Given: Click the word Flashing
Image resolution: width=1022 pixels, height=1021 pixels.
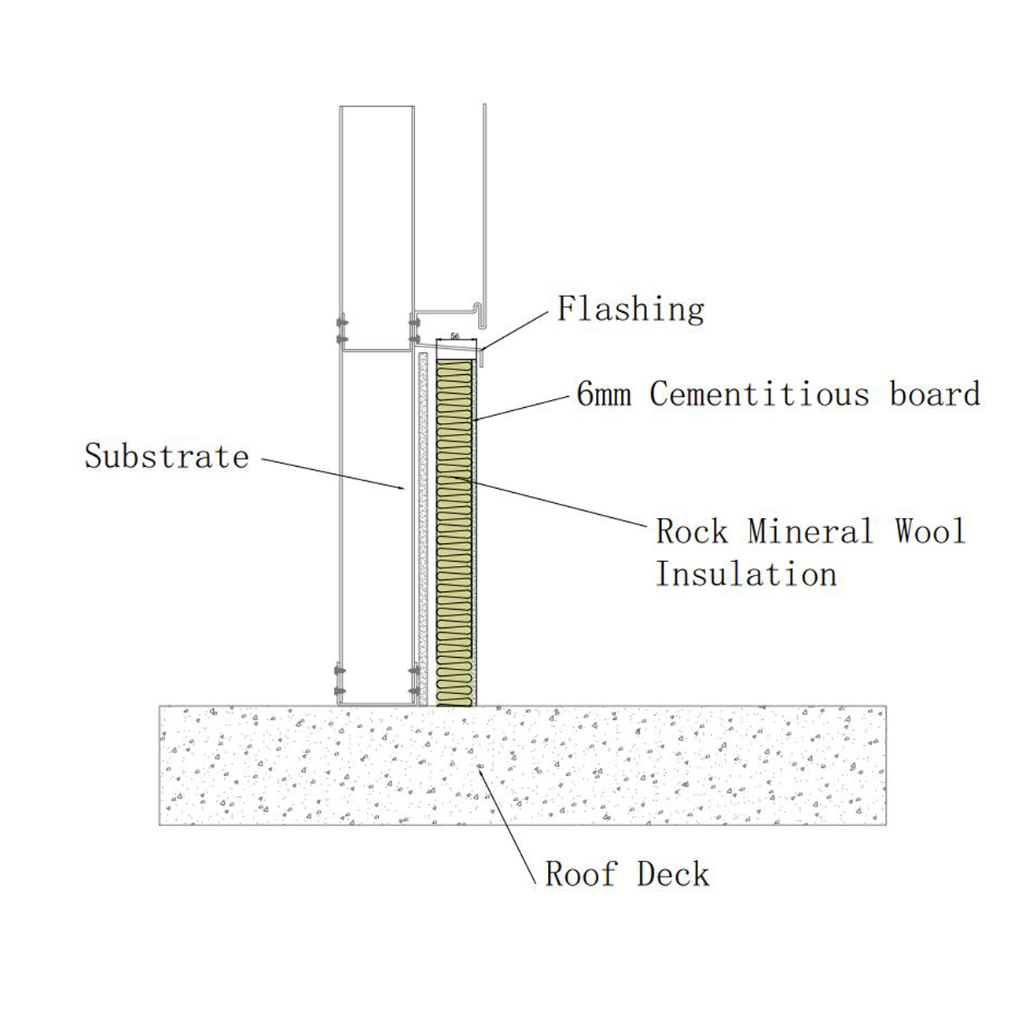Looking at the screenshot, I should click(x=630, y=309).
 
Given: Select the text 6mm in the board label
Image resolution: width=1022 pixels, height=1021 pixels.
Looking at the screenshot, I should click(x=604, y=394).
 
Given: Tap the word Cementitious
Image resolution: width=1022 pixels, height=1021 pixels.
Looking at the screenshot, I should click(x=759, y=394).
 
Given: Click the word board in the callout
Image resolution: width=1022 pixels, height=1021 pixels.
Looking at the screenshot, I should click(x=935, y=394).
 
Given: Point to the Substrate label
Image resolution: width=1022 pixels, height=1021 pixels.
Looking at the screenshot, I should click(x=167, y=457).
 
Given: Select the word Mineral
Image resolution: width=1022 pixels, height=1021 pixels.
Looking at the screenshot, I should click(x=811, y=531).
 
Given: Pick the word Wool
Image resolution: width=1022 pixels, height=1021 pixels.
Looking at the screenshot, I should click(x=929, y=531).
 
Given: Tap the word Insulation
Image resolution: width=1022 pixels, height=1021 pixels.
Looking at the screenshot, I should click(x=746, y=574).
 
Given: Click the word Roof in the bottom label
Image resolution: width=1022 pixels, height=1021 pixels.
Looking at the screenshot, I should click(x=581, y=874).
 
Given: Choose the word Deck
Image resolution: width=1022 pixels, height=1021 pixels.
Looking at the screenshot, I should click(x=673, y=874).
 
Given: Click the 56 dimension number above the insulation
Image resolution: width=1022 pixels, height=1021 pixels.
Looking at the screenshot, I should click(x=455, y=336).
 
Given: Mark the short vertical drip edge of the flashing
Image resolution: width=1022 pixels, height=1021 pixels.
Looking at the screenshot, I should click(x=481, y=358).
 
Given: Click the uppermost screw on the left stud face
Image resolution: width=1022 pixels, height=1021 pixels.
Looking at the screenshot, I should click(x=341, y=322).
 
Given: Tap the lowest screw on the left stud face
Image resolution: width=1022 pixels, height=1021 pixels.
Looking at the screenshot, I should click(x=340, y=691).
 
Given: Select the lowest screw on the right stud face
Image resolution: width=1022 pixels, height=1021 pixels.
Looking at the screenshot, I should click(x=414, y=691).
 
